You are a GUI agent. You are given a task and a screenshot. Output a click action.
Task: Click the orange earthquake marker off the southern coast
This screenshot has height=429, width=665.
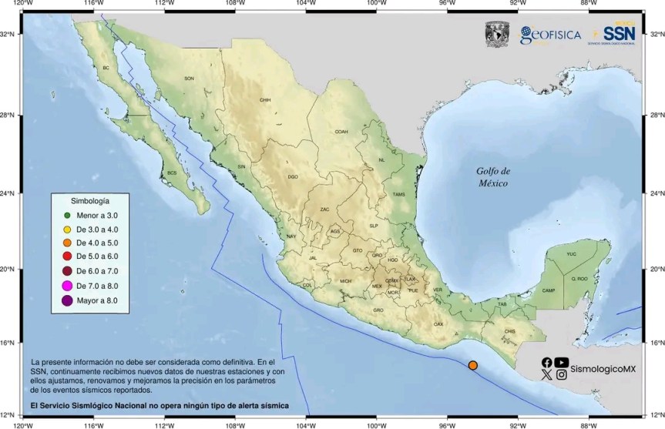click(x=473, y=365)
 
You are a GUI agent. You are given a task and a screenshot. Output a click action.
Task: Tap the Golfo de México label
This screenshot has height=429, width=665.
click(x=492, y=177)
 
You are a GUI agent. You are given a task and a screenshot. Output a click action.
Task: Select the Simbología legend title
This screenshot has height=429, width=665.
click(x=90, y=199)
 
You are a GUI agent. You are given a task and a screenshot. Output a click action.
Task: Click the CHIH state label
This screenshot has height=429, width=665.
click(x=265, y=100)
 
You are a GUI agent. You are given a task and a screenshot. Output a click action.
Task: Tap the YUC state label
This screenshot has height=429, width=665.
click(x=571, y=253)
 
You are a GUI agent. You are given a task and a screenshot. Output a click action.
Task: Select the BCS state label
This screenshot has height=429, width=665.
click(x=172, y=173)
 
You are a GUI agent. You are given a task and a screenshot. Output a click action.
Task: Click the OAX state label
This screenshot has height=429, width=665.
click(x=438, y=324)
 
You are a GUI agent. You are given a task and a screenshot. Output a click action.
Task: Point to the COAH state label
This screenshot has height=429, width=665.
click(x=341, y=132)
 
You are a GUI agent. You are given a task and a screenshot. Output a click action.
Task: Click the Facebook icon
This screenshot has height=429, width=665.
click(x=547, y=362)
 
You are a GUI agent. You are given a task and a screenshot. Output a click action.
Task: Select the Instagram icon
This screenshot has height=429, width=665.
click(x=562, y=375)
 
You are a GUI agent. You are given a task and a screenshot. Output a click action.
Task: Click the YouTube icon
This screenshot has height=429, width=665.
click(x=562, y=362)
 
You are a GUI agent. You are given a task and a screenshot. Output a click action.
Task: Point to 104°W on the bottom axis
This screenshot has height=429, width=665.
click(x=306, y=423)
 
